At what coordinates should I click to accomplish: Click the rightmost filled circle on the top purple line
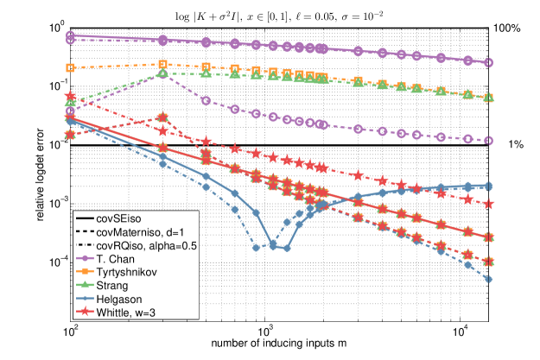488,63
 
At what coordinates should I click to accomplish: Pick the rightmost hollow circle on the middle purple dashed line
488,140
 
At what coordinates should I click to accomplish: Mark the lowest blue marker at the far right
488,279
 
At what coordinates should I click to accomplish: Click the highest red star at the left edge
70,98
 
